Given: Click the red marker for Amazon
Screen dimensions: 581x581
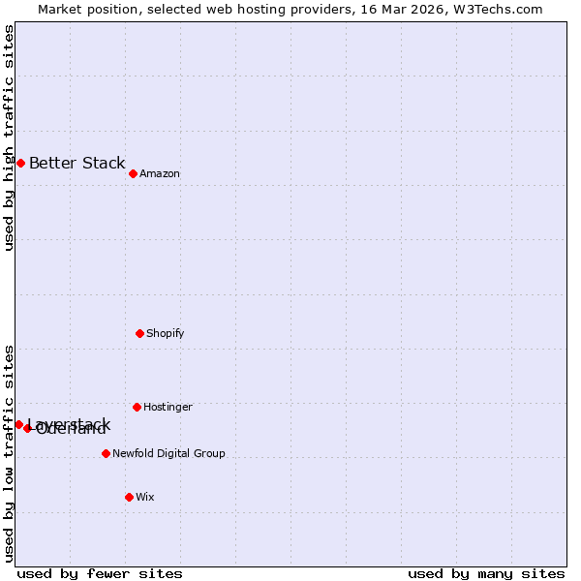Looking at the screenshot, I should (x=133, y=173).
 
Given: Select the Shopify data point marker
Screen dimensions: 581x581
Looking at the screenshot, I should (x=139, y=333).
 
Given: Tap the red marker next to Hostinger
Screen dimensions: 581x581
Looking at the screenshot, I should (x=137, y=407).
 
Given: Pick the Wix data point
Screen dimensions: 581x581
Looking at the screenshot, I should (x=129, y=497).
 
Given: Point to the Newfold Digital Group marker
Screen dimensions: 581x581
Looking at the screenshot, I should (x=106, y=453).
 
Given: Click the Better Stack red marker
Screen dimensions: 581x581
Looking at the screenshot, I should (x=20, y=163).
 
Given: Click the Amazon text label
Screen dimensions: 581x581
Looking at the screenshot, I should (x=160, y=174).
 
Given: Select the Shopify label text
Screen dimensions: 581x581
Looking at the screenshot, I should (x=166, y=334).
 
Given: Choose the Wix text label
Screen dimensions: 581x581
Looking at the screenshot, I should (x=145, y=498).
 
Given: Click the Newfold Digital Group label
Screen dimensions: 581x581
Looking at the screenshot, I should (x=168, y=454).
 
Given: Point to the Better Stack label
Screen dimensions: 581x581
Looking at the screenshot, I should (x=77, y=163).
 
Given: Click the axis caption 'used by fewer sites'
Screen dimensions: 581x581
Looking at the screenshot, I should (x=100, y=574).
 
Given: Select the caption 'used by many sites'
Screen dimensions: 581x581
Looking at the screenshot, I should (x=486, y=574).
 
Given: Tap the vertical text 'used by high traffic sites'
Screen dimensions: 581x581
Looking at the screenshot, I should (x=10, y=138).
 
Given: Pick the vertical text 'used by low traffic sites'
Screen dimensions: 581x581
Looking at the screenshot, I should (x=10, y=452).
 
